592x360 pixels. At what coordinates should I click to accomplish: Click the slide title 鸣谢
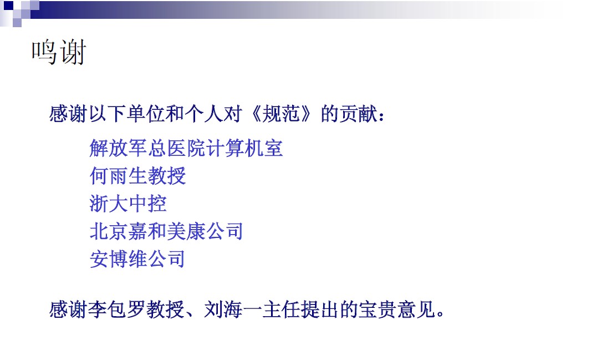click(59, 52)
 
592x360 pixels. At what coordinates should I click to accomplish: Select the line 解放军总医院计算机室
click(186, 148)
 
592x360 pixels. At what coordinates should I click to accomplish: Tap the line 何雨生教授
click(138, 176)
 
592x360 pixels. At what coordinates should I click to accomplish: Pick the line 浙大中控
click(128, 204)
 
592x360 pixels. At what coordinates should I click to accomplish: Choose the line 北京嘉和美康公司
click(166, 231)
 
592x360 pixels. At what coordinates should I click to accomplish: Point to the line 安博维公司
click(137, 259)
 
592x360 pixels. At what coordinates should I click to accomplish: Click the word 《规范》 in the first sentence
click(281, 113)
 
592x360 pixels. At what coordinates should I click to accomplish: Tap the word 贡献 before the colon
click(359, 113)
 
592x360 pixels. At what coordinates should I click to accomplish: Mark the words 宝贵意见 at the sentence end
click(397, 310)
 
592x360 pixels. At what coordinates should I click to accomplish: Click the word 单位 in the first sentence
click(146, 113)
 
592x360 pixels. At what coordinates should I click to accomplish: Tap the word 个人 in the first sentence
click(204, 113)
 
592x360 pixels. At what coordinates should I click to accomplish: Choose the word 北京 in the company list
click(109, 231)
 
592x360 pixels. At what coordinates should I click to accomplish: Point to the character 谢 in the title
click(73, 52)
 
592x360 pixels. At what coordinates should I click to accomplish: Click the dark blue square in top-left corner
click(8, 6)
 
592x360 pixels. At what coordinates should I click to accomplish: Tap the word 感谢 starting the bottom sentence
click(68, 310)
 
